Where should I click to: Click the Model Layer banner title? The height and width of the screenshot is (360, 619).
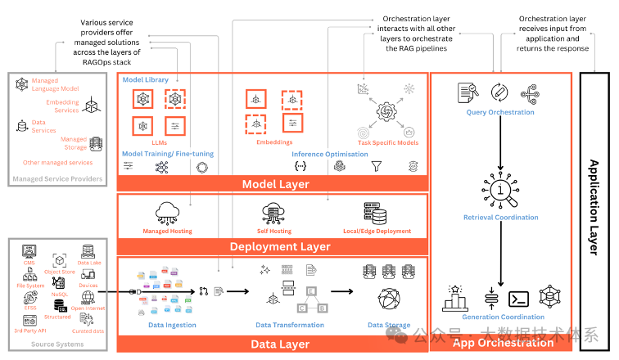(x=275, y=184)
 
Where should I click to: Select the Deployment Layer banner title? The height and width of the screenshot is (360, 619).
(x=280, y=246)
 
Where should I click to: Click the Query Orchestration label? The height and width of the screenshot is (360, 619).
(x=500, y=112)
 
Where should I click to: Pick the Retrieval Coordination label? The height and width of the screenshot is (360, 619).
(x=501, y=218)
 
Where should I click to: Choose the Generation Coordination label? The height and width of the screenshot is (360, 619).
(x=503, y=317)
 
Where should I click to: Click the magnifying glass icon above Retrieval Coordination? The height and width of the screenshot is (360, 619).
(x=501, y=191)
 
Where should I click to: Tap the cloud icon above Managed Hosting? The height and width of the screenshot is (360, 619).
(x=167, y=213)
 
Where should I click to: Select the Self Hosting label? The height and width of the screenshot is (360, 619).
(x=273, y=231)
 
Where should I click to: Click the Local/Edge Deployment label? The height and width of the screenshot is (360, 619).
(x=377, y=231)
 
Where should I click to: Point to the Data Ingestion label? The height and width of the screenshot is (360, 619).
(x=172, y=325)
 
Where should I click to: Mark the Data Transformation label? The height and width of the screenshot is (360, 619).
(x=287, y=325)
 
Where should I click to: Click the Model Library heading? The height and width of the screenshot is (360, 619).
(x=143, y=80)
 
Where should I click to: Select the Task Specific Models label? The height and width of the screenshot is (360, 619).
(x=388, y=142)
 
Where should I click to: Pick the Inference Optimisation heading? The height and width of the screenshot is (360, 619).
(x=330, y=153)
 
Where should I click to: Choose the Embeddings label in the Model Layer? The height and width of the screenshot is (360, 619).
(x=273, y=142)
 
